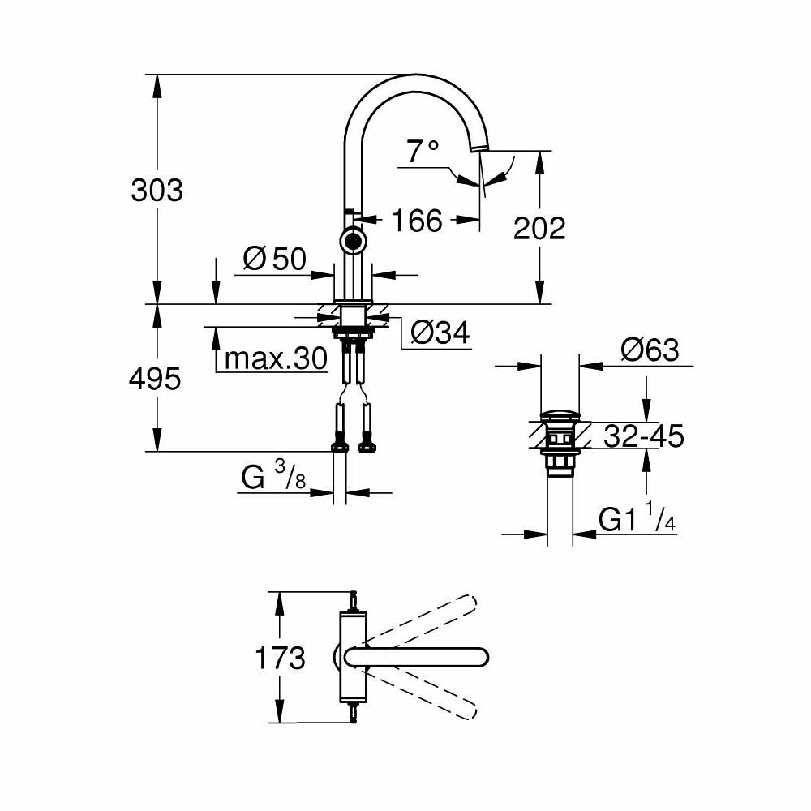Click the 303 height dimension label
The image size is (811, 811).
[157, 191]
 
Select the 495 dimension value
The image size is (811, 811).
[155, 378]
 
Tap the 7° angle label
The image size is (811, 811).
[423, 151]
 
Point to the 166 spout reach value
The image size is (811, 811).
[418, 220]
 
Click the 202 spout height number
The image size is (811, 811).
[539, 229]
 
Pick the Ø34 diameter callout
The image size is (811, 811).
[440, 332]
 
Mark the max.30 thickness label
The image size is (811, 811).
[275, 358]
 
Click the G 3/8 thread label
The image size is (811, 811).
[273, 478]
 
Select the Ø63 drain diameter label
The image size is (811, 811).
[649, 350]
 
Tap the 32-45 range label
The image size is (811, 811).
[644, 437]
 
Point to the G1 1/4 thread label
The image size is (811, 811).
[637, 519]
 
